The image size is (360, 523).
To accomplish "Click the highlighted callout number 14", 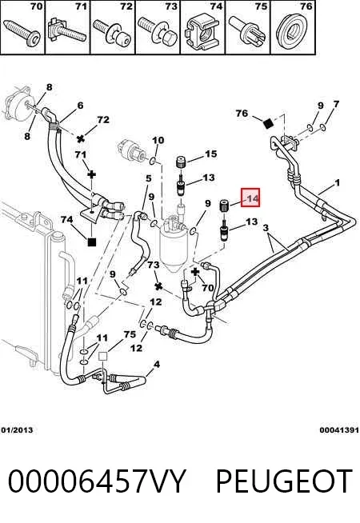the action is [250, 198].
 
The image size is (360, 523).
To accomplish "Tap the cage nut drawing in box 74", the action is [202, 33].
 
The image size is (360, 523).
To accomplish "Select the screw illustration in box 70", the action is [22, 31].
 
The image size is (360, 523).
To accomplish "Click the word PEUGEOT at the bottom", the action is [283, 481].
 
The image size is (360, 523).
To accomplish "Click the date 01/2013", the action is [17, 430].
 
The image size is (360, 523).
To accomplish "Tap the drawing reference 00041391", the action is [339, 430].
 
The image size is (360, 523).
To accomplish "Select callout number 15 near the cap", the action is [211, 154].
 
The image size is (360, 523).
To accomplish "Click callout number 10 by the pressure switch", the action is [158, 140].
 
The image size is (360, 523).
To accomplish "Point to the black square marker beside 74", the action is [91, 242].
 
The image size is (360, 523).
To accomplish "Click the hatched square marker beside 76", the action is [268, 124].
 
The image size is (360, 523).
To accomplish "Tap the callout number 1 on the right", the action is [338, 183].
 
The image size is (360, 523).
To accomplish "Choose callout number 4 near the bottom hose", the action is [157, 365].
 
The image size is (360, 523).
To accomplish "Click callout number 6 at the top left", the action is [80, 106].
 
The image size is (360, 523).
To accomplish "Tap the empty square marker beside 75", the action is [102, 356].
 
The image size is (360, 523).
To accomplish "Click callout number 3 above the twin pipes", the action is [266, 228].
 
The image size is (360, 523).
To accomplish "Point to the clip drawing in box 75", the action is [247, 31].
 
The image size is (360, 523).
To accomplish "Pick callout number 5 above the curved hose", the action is [149, 179].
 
